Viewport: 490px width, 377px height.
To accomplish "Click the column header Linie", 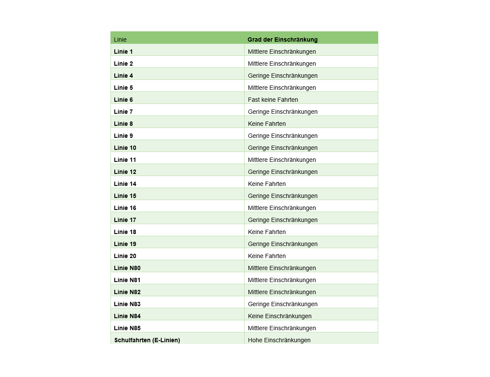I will point(120,40).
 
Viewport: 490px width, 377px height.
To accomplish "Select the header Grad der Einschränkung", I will point(282,40).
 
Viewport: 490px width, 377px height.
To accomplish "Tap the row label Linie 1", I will point(123,52).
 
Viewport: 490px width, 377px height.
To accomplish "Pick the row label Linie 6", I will point(123,100).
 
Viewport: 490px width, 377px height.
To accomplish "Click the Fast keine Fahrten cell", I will point(273,100).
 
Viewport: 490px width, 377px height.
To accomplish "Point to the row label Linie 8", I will point(123,124).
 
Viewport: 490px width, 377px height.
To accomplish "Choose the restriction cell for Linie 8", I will point(267,124).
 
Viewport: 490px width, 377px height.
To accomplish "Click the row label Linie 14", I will point(125,184).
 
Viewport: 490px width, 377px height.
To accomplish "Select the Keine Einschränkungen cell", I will point(280,316).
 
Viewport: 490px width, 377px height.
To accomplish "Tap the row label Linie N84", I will point(127,316).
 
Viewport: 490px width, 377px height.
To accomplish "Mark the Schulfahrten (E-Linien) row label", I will point(147,340).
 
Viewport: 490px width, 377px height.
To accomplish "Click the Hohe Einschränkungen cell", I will point(279,340).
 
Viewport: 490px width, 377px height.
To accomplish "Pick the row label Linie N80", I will point(127,268).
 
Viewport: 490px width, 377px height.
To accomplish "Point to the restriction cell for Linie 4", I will point(283,76).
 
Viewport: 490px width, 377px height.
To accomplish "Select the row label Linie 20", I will point(125,256).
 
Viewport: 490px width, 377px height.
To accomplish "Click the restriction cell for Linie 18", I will point(267,232).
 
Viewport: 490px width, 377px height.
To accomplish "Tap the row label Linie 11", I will point(125,160).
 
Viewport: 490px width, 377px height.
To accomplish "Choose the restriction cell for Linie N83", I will point(283,304).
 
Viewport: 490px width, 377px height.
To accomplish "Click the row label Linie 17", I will point(125,220).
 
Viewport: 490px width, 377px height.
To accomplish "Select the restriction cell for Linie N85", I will point(282,328).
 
